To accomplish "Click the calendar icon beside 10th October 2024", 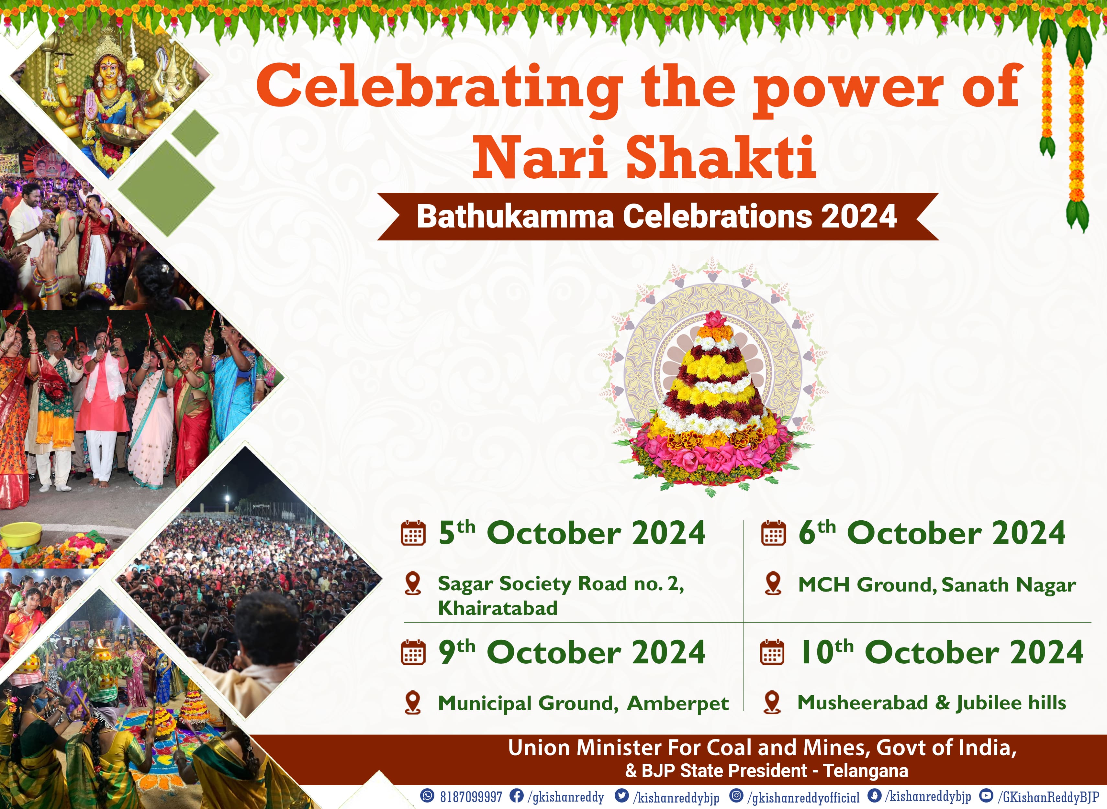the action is [x=772, y=652].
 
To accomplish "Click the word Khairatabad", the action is [x=498, y=608].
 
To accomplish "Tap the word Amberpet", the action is [x=678, y=703].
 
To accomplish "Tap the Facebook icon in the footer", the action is [x=516, y=796].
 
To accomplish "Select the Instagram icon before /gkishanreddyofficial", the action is [x=736, y=796].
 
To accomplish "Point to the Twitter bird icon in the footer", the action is [x=621, y=796].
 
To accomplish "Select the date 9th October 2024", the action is [x=572, y=652].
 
